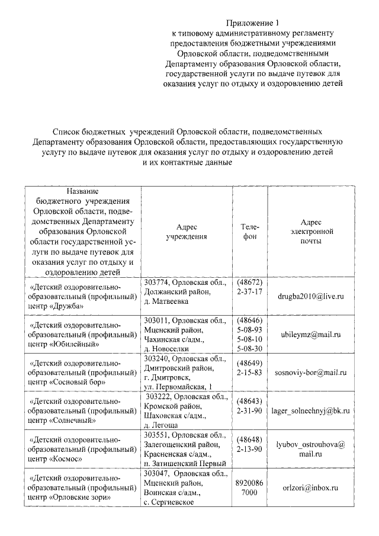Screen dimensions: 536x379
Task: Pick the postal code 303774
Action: point(156,283)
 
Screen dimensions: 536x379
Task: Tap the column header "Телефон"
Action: point(249,232)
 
